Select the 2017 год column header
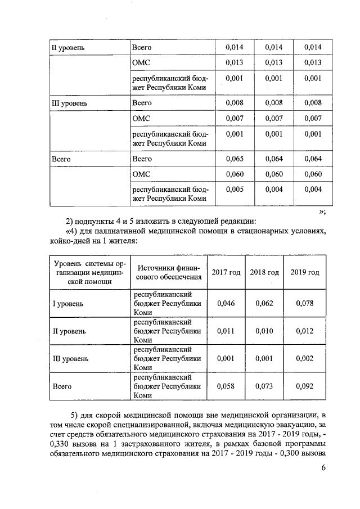coord(226,272)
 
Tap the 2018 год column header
coord(264,272)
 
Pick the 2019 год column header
coord(304,272)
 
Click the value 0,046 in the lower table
coord(226,303)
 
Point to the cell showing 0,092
coord(304,386)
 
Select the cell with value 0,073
coord(264,386)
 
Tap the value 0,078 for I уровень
coord(304,303)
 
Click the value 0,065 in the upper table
coord(234,159)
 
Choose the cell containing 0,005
coord(234,189)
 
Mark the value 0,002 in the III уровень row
coord(304,358)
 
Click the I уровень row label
coord(68,304)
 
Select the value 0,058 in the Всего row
coord(226,386)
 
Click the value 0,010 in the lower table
coord(264,331)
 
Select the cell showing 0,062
coord(264,303)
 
